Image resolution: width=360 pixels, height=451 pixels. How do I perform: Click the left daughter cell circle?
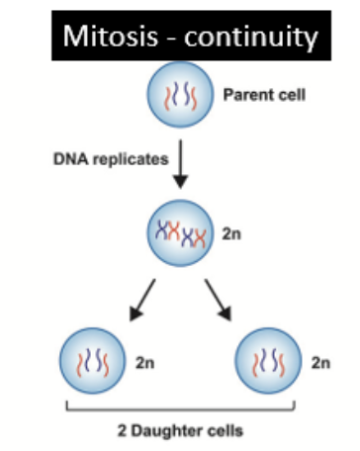(89, 360)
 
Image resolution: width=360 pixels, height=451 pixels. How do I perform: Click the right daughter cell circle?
(271, 360)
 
